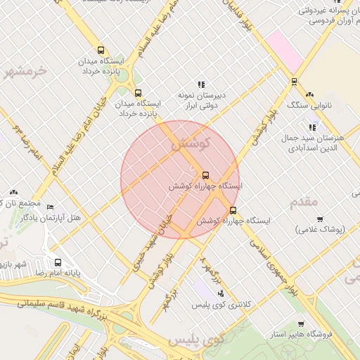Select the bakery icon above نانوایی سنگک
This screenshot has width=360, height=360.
click(x=310, y=94)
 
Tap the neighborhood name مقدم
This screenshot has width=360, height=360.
click(x=304, y=202)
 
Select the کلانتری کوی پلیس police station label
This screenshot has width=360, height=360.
click(x=221, y=304)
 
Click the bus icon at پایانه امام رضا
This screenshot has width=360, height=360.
click(x=58, y=263)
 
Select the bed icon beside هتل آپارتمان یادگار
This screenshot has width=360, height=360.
click(x=49, y=207)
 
